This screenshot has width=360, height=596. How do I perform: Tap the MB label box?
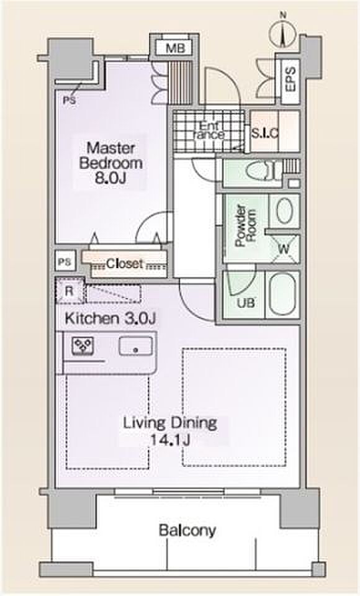pyautogui.click(x=175, y=48)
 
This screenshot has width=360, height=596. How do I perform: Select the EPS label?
pyautogui.click(x=290, y=79)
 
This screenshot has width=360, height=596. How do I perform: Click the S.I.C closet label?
pyautogui.click(x=265, y=133)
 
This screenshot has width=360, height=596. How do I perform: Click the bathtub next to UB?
pyautogui.click(x=282, y=294)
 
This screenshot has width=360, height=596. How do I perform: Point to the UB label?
pyautogui.click(x=246, y=303)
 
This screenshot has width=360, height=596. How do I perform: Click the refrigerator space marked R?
pyautogui.click(x=70, y=291)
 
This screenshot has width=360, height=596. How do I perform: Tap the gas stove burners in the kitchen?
pyautogui.click(x=83, y=346)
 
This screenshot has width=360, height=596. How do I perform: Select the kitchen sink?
pyautogui.click(x=136, y=346)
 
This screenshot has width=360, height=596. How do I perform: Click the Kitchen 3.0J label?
pyautogui.click(x=110, y=318)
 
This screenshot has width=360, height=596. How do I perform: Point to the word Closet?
pyautogui.click(x=125, y=263)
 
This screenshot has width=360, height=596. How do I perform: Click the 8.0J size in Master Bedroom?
pyautogui.click(x=110, y=178)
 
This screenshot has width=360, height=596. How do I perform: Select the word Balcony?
pyautogui.click(x=187, y=530)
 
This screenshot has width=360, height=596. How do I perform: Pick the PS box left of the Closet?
pyautogui.click(x=65, y=262)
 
